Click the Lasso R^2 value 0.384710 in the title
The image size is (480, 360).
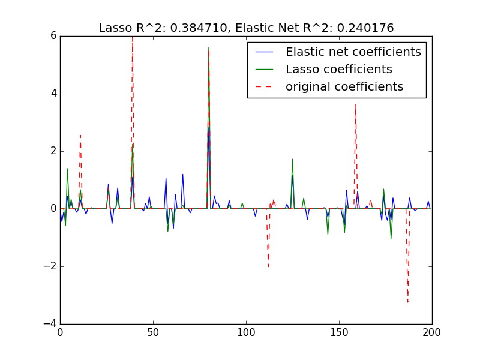tap(205, 28)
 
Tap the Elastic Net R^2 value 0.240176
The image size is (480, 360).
tap(363, 28)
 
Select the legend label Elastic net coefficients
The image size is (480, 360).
tap(353, 52)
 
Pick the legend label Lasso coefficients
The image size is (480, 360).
tap(338, 70)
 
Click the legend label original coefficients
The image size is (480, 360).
tap(344, 87)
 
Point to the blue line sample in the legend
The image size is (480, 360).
tap(264, 52)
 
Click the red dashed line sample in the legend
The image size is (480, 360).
tap(264, 87)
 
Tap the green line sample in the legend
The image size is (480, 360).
tap(264, 70)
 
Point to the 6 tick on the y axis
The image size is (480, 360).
tap(53, 36)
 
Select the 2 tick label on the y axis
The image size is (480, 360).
tap(53, 151)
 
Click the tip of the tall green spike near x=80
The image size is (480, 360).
tap(209, 47)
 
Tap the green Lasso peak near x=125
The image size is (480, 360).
tap(292, 159)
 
